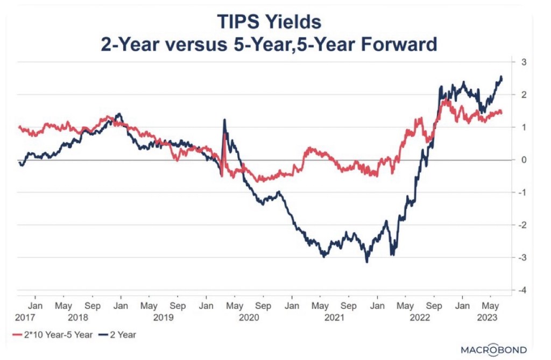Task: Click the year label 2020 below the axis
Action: pos(248,317)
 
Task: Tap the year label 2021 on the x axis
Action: pos(334,317)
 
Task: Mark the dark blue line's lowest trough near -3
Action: pos(367,262)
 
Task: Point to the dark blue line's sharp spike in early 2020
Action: pos(224,120)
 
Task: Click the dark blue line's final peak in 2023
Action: pos(501,77)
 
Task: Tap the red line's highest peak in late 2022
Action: pos(444,100)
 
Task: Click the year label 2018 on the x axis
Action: pos(78,317)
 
